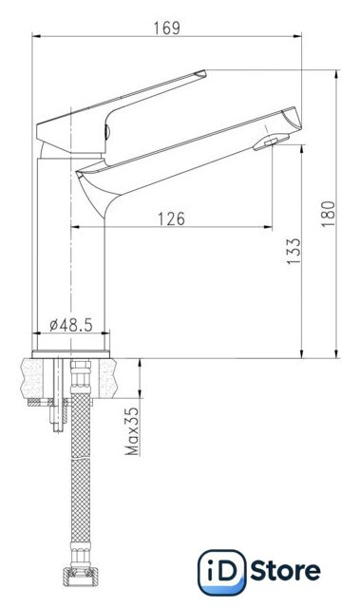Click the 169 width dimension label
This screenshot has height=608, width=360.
pos(167,28)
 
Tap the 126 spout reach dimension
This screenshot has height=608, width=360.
pos(171,219)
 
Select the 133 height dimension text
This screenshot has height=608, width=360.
pos(294,251)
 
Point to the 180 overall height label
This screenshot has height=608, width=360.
pos(328,214)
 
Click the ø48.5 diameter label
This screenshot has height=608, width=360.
pos(71,325)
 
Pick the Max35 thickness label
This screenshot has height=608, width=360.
pos(132,430)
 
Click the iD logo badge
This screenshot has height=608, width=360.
pos(221,572)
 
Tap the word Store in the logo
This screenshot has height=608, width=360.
pos(285,571)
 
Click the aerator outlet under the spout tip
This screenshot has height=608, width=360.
pos(271,142)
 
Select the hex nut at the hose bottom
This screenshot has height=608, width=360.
pos(79,577)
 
